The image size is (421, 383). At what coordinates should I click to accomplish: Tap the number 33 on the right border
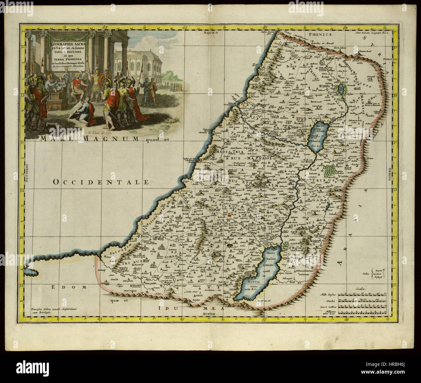394,96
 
